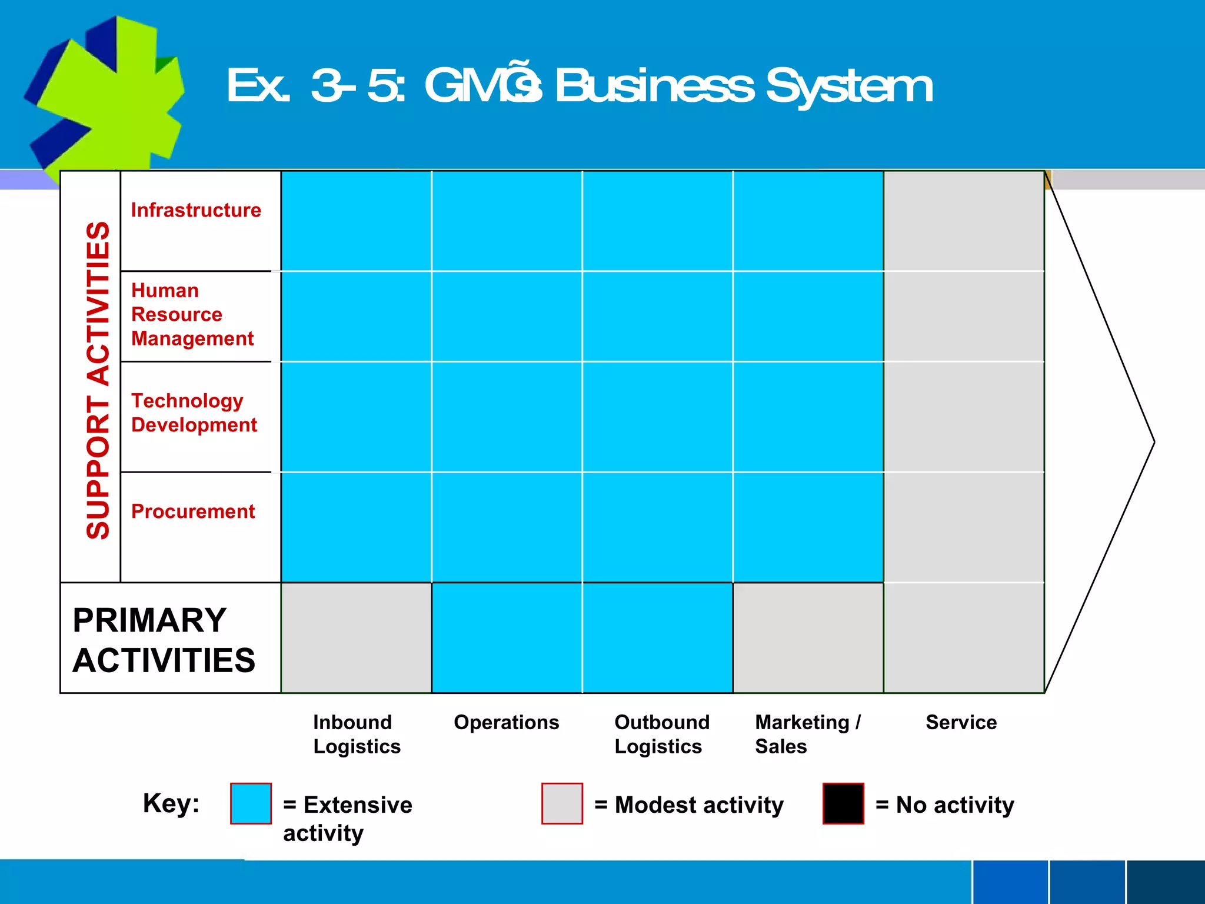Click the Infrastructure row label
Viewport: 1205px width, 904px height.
[196, 210]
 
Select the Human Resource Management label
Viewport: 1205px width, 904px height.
[192, 314]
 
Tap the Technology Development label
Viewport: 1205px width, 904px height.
[194, 413]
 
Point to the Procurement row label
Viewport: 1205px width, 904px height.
[193, 511]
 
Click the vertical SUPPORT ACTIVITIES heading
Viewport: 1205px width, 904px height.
[98, 380]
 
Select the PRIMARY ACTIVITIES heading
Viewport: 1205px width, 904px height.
[164, 640]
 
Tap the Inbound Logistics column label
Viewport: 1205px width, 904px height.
[357, 734]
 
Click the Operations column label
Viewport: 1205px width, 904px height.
[506, 722]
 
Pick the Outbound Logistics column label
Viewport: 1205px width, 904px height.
[661, 734]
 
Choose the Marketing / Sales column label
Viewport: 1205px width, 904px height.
[807, 734]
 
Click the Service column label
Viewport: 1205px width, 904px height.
[961, 722]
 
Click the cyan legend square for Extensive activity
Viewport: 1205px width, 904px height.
[251, 803]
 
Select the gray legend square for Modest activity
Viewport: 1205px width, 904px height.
[562, 803]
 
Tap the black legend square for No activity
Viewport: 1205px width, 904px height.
[843, 803]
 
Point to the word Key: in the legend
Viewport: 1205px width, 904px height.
[171, 803]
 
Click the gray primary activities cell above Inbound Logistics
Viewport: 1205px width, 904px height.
[357, 638]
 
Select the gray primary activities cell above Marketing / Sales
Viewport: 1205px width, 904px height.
[808, 638]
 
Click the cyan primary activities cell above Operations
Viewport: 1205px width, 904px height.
[507, 638]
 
